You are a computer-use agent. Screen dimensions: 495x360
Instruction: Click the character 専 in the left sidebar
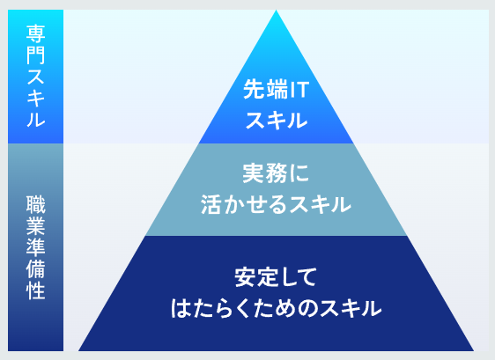coord(36,34)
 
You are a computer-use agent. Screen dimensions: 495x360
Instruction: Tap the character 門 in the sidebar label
coord(36,55)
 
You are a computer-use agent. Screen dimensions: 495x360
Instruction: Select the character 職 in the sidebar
coord(36,205)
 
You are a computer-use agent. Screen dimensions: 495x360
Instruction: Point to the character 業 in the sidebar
coord(36,226)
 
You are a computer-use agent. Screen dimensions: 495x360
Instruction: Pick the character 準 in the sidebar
coord(36,247)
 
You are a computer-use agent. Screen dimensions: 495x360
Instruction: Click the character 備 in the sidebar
coord(36,268)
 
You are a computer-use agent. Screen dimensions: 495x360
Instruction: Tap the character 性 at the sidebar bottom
coord(36,290)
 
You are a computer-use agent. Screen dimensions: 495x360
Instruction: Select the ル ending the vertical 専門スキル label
coord(36,119)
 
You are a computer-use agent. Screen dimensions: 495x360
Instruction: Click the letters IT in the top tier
coord(299,90)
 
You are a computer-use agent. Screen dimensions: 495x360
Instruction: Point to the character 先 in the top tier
coord(254,90)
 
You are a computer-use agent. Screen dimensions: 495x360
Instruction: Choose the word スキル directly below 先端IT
coord(277,121)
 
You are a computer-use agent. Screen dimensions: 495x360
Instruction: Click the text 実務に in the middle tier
coord(276,173)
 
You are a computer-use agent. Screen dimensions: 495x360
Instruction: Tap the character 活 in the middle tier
coord(211,204)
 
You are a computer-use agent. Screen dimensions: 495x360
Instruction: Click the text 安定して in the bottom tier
coord(276,277)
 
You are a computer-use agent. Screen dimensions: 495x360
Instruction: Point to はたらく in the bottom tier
coord(210,308)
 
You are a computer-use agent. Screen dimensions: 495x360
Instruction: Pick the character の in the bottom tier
coord(307,308)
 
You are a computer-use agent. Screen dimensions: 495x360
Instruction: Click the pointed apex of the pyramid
coord(277,10)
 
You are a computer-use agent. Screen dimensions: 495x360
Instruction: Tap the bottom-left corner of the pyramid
coord(78,350)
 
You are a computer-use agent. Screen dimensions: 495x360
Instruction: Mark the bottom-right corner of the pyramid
coord(474,350)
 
